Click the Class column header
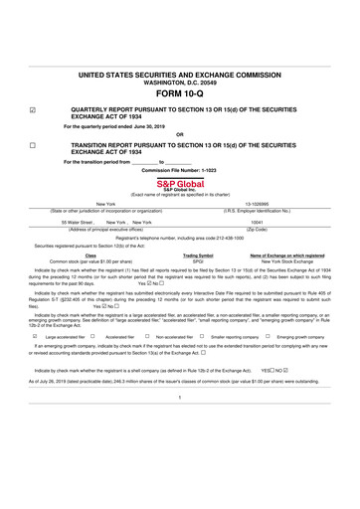click(x=90, y=254)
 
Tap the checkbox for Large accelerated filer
click(x=35, y=337)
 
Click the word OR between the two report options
click(x=179, y=134)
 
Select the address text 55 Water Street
click(x=77, y=222)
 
